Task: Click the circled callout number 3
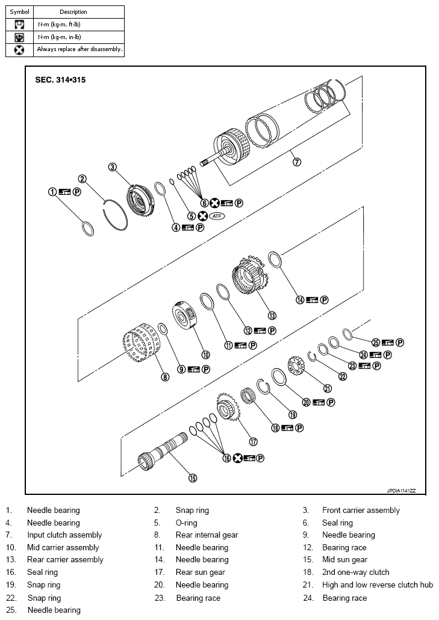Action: pos(112,167)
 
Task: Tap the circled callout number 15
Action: pos(192,478)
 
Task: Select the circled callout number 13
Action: pos(272,315)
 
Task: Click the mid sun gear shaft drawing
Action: pos(166,454)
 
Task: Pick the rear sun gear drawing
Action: pos(226,411)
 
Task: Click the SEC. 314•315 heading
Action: pos(60,80)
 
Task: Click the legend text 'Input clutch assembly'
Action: pos(64,535)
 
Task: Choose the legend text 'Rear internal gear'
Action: pos(207,535)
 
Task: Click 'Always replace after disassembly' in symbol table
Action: pos(79,49)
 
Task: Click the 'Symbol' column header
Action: pos(19,11)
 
